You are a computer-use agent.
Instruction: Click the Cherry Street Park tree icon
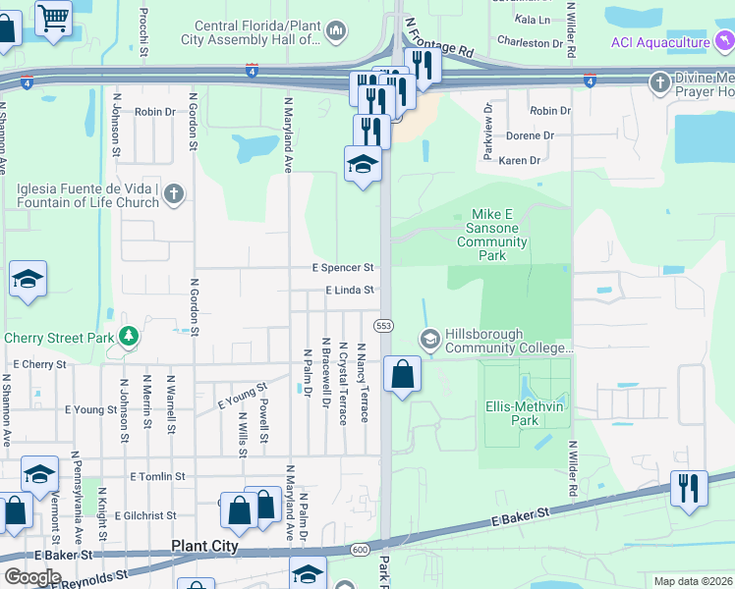pyautogui.click(x=128, y=338)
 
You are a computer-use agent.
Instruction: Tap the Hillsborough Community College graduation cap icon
pyautogui.click(x=429, y=340)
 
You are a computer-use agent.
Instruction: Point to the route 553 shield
pyautogui.click(x=384, y=325)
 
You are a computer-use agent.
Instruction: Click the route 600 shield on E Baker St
pyautogui.click(x=360, y=550)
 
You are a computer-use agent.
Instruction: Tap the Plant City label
pyautogui.click(x=204, y=546)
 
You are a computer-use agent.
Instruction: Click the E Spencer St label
pyautogui.click(x=343, y=267)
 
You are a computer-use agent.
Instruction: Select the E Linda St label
pyautogui.click(x=351, y=291)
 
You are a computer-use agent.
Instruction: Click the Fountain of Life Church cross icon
pyautogui.click(x=173, y=193)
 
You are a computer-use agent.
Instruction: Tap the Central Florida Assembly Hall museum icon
pyautogui.click(x=336, y=32)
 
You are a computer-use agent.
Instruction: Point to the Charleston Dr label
pyautogui.click(x=530, y=43)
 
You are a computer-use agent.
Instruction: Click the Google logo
pyautogui.click(x=32, y=577)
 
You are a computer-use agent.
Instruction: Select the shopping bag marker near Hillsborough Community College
pyautogui.click(x=402, y=374)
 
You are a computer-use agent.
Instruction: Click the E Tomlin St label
pyautogui.click(x=157, y=476)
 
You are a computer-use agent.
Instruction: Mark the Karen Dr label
pyautogui.click(x=520, y=160)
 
